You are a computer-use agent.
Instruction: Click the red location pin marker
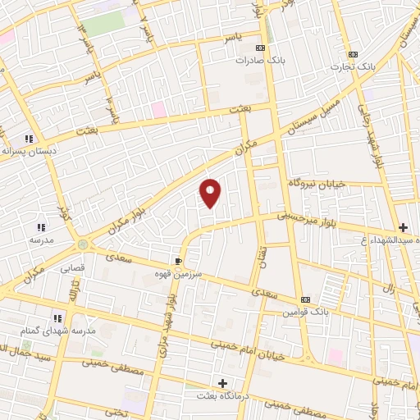click(x=211, y=192)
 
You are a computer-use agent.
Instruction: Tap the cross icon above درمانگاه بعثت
click(x=223, y=383)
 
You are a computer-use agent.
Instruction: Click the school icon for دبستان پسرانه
click(x=28, y=139)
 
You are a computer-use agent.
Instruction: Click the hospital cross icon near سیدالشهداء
click(x=402, y=226)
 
